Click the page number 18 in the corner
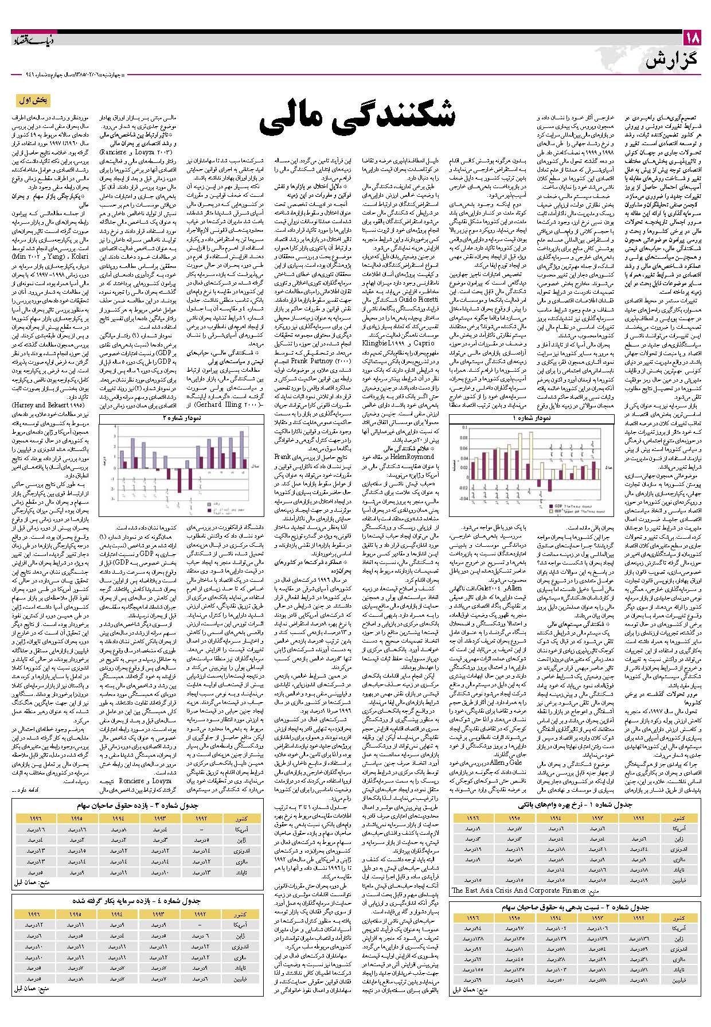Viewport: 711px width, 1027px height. (692, 39)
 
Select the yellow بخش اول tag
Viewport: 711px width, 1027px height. (34, 101)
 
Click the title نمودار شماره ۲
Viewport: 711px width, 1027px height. (182, 419)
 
